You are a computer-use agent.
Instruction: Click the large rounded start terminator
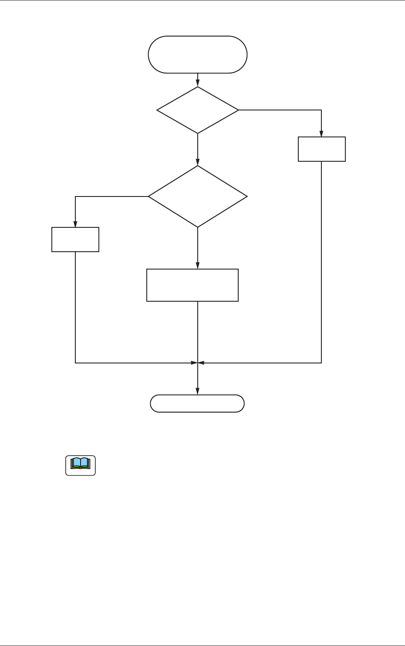pyautogui.click(x=198, y=55)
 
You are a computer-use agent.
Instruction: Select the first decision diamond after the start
pyautogui.click(x=198, y=110)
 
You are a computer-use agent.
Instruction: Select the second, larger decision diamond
pyautogui.click(x=198, y=196)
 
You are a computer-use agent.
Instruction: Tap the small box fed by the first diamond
pyautogui.click(x=322, y=149)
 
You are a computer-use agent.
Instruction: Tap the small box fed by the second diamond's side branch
pyautogui.click(x=75, y=240)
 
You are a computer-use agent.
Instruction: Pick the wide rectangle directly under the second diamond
pyautogui.click(x=192, y=285)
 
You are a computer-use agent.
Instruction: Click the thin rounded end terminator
pyautogui.click(x=197, y=403)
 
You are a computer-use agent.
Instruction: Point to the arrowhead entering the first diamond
pyautogui.click(x=198, y=84)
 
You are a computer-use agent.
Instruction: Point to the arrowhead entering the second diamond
pyautogui.click(x=198, y=163)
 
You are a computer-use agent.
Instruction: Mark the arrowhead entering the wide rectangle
pyautogui.click(x=198, y=266)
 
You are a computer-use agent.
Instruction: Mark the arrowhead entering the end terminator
pyautogui.click(x=198, y=392)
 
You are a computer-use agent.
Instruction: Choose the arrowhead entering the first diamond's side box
pyautogui.click(x=322, y=134)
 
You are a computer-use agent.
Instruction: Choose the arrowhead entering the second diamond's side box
pyautogui.click(x=75, y=224)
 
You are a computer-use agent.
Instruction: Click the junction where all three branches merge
pyautogui.click(x=198, y=363)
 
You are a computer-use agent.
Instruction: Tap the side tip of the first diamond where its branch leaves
pyautogui.click(x=239, y=110)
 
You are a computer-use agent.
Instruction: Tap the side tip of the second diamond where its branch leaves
pyautogui.click(x=148, y=196)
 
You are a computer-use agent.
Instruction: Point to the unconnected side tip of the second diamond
pyautogui.click(x=247, y=196)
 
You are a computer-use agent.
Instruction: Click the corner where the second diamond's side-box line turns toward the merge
pyautogui.click(x=75, y=363)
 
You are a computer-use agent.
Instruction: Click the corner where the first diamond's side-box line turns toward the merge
pyautogui.click(x=322, y=363)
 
